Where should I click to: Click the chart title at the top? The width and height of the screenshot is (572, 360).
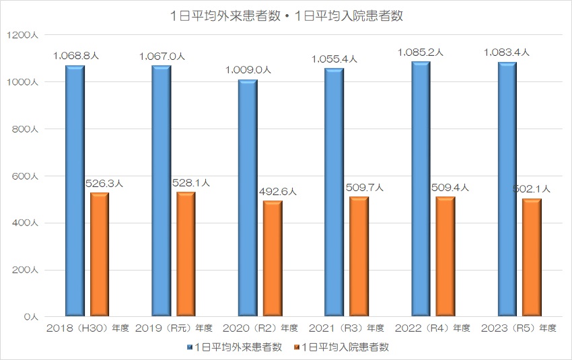(x=286, y=16)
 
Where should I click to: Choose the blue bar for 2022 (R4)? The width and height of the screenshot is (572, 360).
(x=421, y=188)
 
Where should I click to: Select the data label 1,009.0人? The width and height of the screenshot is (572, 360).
(x=248, y=69)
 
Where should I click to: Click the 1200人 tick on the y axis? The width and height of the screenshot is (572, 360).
(x=26, y=35)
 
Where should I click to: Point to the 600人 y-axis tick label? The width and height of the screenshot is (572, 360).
(x=28, y=176)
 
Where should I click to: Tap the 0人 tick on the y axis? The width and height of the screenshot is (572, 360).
(x=32, y=316)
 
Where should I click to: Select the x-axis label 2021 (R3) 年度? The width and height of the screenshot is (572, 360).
(x=347, y=328)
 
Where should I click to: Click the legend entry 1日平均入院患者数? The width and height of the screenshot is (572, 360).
(x=341, y=347)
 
